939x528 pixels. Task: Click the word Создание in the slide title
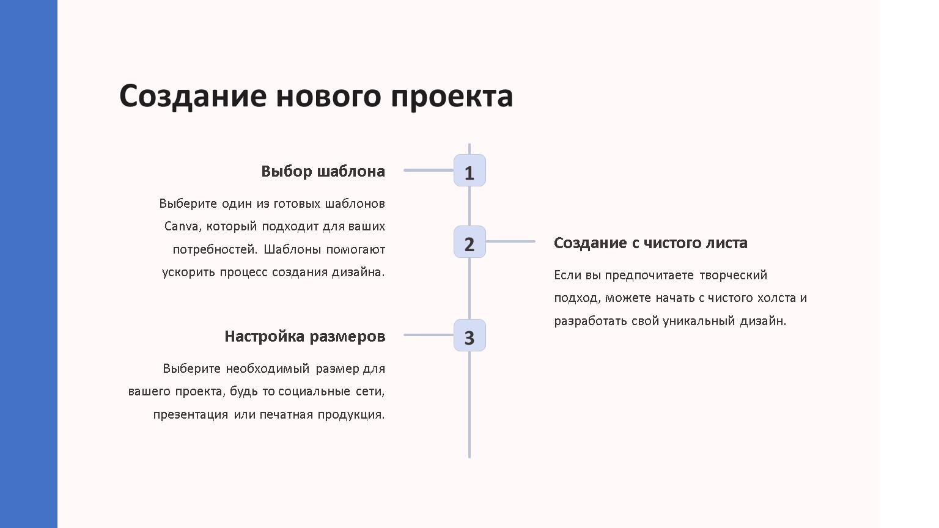point(193,97)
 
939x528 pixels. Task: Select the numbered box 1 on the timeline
point(469,170)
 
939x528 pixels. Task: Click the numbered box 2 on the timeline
point(469,242)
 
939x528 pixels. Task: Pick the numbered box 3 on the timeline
point(469,335)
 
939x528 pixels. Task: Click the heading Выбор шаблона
point(323,171)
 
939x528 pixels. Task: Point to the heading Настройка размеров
point(305,337)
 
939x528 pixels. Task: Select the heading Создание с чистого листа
point(650,243)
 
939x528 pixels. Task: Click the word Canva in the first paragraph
point(181,226)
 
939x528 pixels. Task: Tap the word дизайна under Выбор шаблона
point(358,273)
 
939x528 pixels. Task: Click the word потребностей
point(215,250)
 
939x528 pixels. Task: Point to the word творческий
point(733,276)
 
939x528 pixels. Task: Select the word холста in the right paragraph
point(776,298)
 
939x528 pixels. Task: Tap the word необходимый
point(267,369)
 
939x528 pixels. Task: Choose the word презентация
point(191,415)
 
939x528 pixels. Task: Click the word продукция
point(351,415)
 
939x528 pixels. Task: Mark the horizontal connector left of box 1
point(429,170)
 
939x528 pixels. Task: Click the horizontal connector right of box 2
point(510,241)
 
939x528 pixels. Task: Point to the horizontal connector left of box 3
point(429,335)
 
